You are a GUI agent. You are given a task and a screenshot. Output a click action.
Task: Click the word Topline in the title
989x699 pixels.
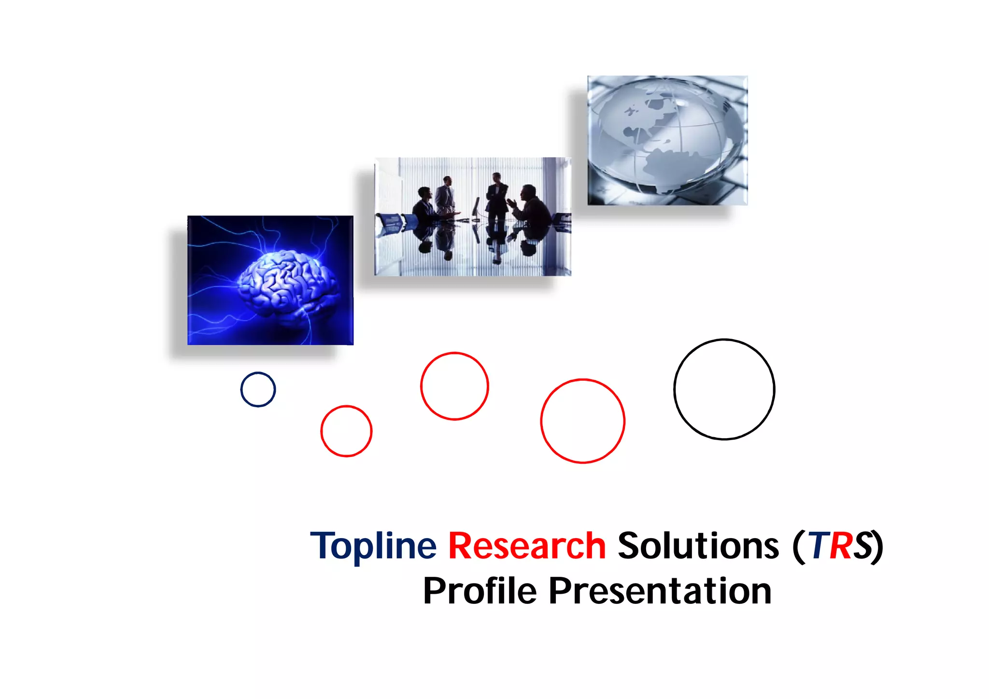pyautogui.click(x=373, y=546)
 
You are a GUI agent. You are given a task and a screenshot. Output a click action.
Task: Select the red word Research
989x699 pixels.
pyautogui.click(x=527, y=546)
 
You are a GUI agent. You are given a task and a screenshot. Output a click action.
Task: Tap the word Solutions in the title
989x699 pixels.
pyautogui.click(x=698, y=546)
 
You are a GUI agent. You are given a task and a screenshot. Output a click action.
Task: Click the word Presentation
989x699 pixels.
pyautogui.click(x=660, y=591)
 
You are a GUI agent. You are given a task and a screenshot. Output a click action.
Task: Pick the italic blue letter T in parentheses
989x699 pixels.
pyautogui.click(x=819, y=546)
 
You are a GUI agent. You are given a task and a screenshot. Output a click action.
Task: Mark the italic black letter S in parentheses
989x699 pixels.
pyautogui.click(x=862, y=546)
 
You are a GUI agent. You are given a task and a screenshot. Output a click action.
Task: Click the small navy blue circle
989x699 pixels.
pyautogui.click(x=258, y=389)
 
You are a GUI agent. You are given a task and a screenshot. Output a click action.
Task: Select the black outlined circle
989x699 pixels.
pyautogui.click(x=724, y=389)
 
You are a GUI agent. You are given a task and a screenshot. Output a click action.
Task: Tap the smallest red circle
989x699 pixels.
pyautogui.click(x=346, y=431)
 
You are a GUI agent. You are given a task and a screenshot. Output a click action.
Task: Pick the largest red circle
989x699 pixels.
pyautogui.click(x=582, y=421)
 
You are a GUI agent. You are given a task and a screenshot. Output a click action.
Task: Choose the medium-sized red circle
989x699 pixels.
pyautogui.click(x=454, y=386)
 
